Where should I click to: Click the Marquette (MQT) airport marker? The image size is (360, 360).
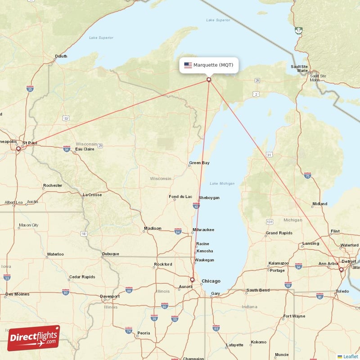click(x=209, y=80)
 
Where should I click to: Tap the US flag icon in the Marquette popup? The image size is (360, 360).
click(x=188, y=65)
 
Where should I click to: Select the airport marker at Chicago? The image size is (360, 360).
click(x=192, y=279)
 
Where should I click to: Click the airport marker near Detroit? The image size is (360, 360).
click(x=341, y=270)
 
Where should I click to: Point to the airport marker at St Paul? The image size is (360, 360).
click(x=18, y=148)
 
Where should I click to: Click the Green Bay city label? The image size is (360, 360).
click(x=199, y=163)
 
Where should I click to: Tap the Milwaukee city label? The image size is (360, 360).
click(x=203, y=230)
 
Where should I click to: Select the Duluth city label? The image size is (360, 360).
click(x=61, y=57)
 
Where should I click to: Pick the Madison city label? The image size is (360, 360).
click(x=153, y=229)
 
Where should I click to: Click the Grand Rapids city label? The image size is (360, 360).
click(x=279, y=233)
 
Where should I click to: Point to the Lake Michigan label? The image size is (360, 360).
click(x=222, y=183)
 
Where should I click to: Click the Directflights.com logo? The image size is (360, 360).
click(x=33, y=338)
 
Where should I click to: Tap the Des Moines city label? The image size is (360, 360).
click(x=17, y=294)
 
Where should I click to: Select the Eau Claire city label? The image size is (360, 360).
click(x=85, y=149)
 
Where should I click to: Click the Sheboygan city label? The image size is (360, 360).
click(x=209, y=198)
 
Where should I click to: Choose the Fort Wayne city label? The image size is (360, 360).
click(x=294, y=316)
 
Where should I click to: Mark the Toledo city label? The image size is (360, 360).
click(x=342, y=291)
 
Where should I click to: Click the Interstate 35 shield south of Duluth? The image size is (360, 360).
click(x=30, y=89)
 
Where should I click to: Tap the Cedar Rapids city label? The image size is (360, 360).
click(x=81, y=277)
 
